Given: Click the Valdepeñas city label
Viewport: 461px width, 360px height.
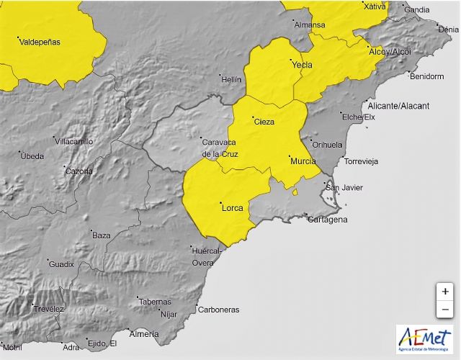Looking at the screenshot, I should coord(40,42).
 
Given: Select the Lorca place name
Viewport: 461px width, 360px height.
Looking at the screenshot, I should coord(231,207).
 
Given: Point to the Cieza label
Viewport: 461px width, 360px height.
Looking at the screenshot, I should coord(264,122).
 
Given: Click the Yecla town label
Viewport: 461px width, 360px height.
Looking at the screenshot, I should coord(301,65).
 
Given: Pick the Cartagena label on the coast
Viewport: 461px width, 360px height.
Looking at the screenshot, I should coord(328,220).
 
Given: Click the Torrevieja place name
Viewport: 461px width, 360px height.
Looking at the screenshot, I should coord(362,161).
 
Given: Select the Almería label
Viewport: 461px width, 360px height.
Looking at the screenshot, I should coord(143,334).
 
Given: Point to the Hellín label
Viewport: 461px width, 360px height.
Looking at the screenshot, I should coord(230,79).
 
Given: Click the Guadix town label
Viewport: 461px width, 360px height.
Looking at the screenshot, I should coord(61,264).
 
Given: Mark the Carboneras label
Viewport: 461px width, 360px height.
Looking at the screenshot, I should coord(220,310).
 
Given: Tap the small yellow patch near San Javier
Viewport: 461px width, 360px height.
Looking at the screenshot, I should coord(295,192).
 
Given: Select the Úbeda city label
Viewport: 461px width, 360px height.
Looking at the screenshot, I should coord(32,156).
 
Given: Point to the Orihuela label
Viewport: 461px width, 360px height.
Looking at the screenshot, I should coord(328,144).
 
